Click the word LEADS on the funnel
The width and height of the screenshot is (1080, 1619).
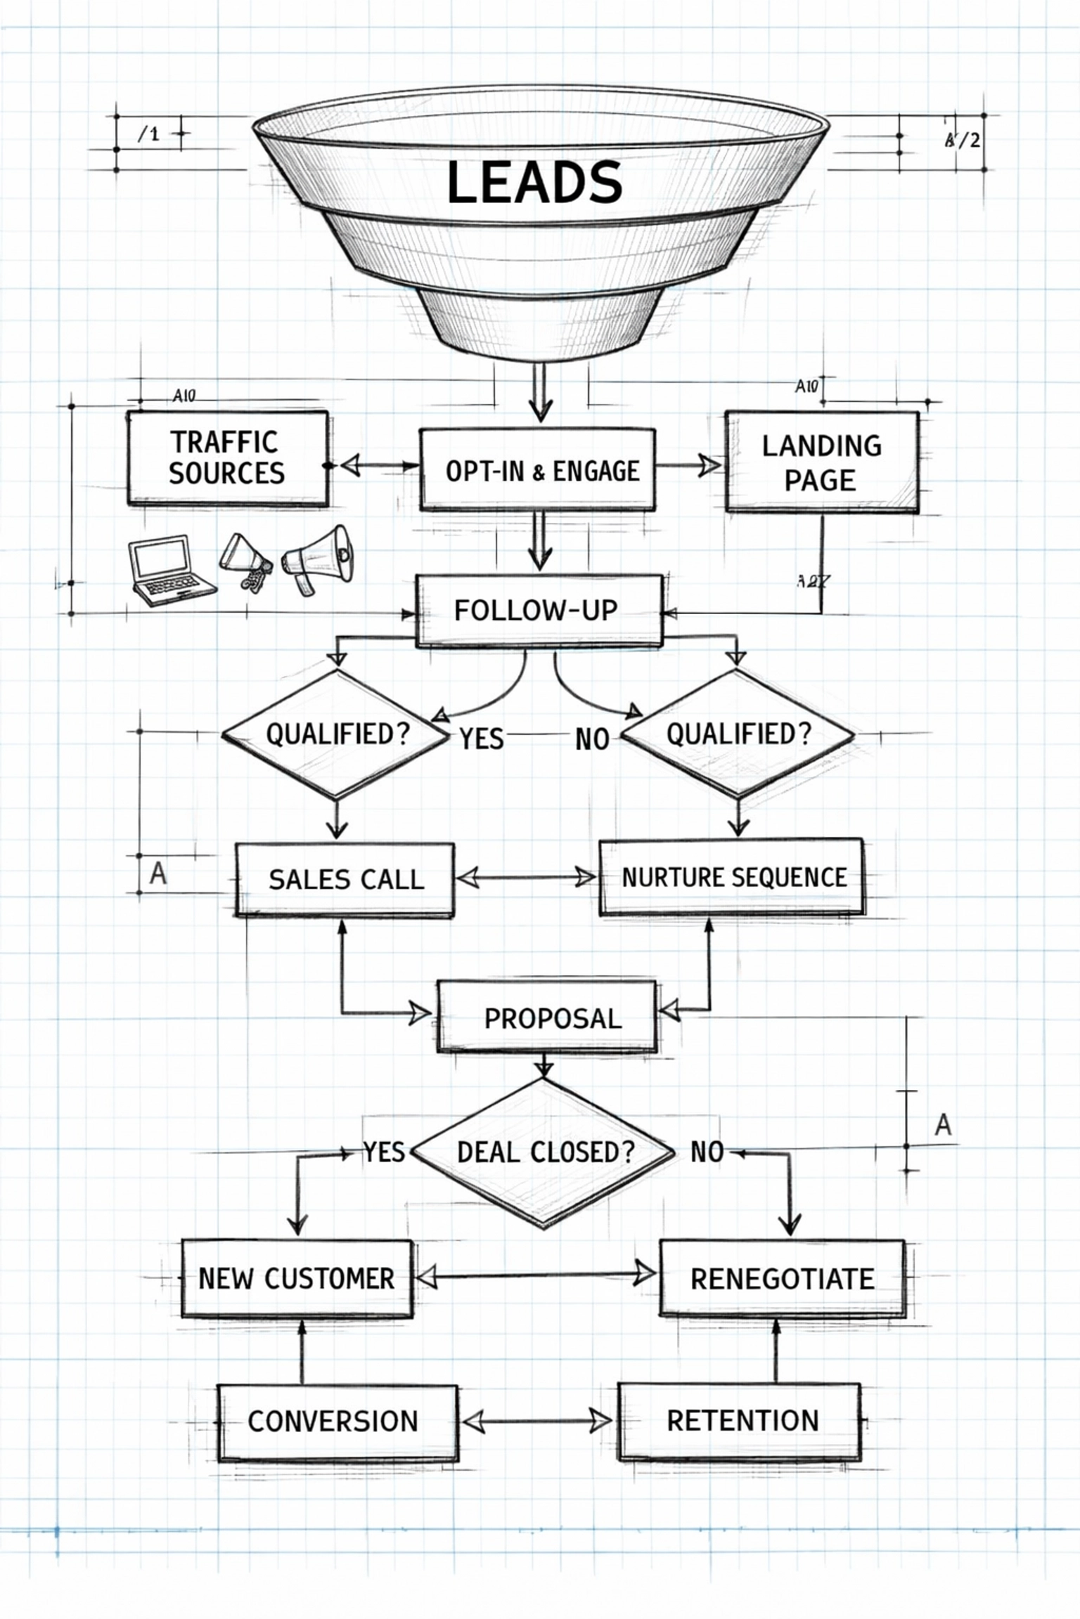(534, 182)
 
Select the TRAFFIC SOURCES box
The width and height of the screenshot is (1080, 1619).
(227, 457)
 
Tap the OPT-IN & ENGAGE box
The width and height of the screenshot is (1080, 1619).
(538, 470)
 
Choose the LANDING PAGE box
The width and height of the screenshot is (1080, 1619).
(821, 462)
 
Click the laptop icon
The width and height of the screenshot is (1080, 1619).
(169, 569)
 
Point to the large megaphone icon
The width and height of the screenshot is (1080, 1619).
(320, 559)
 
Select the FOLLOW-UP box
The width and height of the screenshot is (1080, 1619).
(538, 610)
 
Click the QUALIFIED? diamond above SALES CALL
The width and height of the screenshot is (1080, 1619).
(336, 734)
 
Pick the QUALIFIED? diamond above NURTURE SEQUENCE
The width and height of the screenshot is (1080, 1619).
(737, 734)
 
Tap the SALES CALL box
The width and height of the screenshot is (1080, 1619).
(345, 879)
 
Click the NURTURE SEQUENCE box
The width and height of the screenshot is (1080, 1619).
(732, 877)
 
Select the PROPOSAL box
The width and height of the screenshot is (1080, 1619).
(547, 1018)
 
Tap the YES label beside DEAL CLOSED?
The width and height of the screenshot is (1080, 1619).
(384, 1152)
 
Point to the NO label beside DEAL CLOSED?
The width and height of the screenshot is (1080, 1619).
(706, 1152)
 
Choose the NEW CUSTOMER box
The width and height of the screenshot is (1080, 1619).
(297, 1278)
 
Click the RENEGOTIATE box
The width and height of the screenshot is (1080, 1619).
(782, 1278)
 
